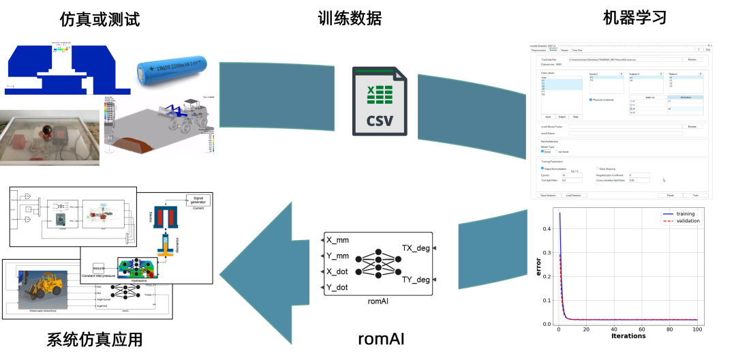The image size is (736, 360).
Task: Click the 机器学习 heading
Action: [x=634, y=18]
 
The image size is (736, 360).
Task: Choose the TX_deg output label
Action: [x=416, y=247]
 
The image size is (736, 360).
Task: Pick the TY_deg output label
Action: [x=416, y=279]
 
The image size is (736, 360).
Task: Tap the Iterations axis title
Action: [x=628, y=335]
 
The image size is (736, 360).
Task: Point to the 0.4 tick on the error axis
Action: [x=547, y=228]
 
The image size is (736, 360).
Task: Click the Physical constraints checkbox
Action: [x=592, y=100]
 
